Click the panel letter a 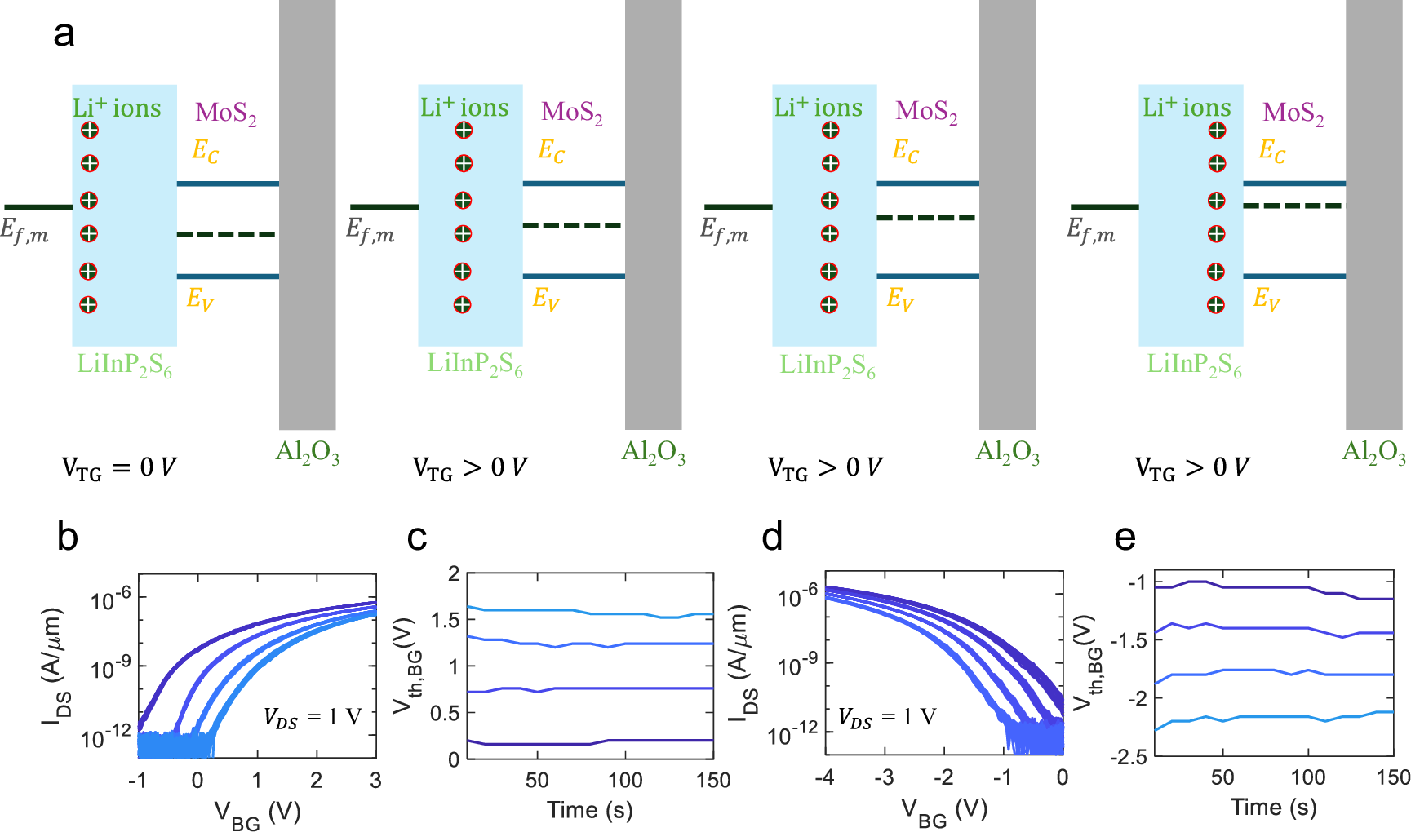click(64, 35)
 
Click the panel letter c click(416, 538)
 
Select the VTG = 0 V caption click(119, 468)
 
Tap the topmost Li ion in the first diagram click(89, 131)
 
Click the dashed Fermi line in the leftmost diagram click(227, 235)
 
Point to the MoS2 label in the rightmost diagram click(1293, 113)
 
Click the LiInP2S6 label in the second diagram click(475, 365)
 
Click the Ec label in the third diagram click(905, 150)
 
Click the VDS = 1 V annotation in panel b click(313, 718)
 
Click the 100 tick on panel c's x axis click(625, 781)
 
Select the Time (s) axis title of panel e click(1273, 808)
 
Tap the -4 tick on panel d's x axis click(824, 778)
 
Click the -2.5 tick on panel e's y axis click(1130, 758)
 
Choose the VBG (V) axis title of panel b click(257, 813)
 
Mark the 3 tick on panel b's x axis click(375, 781)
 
